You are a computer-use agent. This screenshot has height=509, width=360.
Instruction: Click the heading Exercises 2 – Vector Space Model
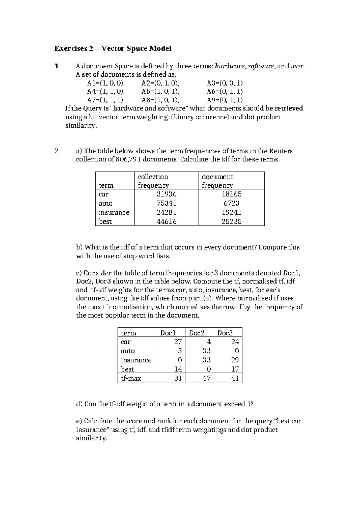[112, 48]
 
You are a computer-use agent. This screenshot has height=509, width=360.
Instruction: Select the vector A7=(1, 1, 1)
[105, 100]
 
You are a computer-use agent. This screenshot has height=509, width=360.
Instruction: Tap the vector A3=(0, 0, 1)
[225, 83]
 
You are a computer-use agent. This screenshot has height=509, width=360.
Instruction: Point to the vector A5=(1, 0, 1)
[160, 92]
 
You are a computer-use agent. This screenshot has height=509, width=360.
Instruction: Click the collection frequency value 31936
[167, 194]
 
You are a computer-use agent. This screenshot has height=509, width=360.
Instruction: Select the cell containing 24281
[167, 212]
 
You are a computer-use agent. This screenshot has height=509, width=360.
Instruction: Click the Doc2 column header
[197, 333]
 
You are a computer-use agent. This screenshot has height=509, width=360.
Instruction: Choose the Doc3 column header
[225, 333]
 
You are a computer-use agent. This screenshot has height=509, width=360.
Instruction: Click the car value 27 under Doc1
[178, 342]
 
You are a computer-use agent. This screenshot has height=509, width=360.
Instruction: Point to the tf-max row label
[131, 378]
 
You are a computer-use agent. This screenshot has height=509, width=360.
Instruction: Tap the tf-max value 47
[206, 378]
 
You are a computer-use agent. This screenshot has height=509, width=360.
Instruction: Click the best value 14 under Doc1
[178, 369]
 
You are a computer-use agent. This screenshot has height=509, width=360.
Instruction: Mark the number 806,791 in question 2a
[128, 159]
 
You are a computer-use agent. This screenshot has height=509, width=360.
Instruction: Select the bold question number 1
[56, 66]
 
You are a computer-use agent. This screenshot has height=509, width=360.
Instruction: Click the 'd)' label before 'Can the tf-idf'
[79, 404]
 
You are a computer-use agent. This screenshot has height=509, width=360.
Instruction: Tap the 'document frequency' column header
[217, 181]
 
